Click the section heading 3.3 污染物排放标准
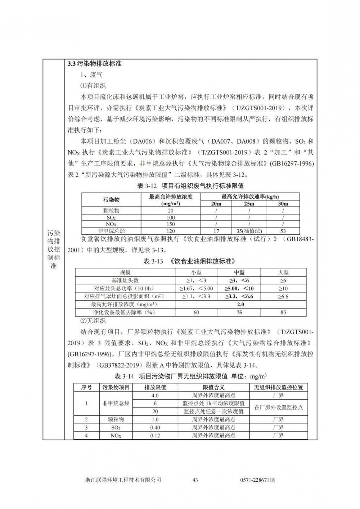pos(95,64)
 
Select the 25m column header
pos(249,203)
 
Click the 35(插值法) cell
pos(249,231)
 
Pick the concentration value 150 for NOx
pos(171,224)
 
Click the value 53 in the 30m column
pos(283,231)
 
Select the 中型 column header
pos(239,272)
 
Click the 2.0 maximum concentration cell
pos(240,305)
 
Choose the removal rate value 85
pos(283,312)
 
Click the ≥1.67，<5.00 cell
pos(196,288)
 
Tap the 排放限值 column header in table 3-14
pos(155,387)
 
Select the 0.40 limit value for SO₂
pos(155,428)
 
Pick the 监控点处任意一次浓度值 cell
pos(213,411)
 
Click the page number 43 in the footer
pos(195,480)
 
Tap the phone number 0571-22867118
pos(257,480)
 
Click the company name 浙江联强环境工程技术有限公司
pos(123,480)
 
